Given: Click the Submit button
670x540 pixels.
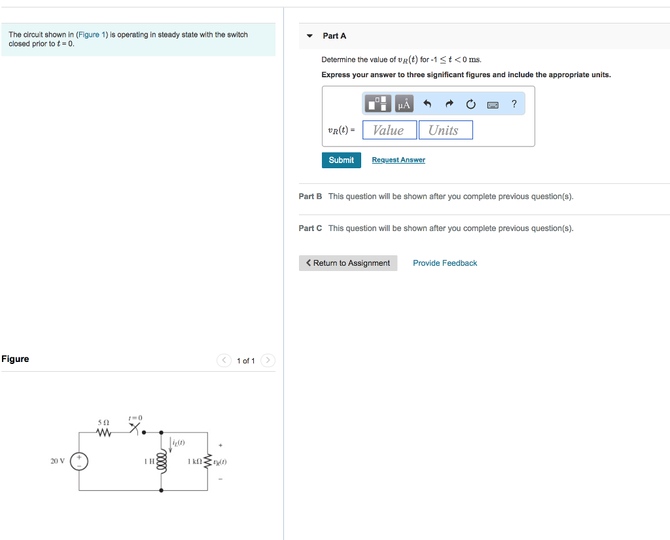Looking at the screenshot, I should point(341,160).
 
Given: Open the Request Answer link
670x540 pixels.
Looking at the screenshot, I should point(398,160).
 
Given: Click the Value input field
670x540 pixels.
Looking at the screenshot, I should point(389,130).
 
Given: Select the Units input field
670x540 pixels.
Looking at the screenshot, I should point(445,130).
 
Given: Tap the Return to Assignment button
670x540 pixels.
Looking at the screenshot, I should point(348,263).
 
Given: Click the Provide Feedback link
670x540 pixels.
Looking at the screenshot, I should point(445,263).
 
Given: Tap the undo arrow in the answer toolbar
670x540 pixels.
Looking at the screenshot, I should point(427,103).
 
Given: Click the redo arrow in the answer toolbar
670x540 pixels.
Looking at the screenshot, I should point(449,103).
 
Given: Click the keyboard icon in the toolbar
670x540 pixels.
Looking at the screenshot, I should point(493,104).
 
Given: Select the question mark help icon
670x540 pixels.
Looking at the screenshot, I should point(514,103).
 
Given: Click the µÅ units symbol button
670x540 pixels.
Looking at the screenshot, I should point(404,103).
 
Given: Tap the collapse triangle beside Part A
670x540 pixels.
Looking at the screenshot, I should point(310,36).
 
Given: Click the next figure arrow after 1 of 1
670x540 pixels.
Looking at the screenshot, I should point(268,361).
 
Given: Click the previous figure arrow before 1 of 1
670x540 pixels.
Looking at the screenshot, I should point(224,361).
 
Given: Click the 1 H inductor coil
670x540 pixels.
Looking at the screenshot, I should point(162,461).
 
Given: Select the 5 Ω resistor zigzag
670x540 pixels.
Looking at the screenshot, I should point(103,432).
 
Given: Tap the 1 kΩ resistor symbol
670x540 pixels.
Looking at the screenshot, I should point(208,461).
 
